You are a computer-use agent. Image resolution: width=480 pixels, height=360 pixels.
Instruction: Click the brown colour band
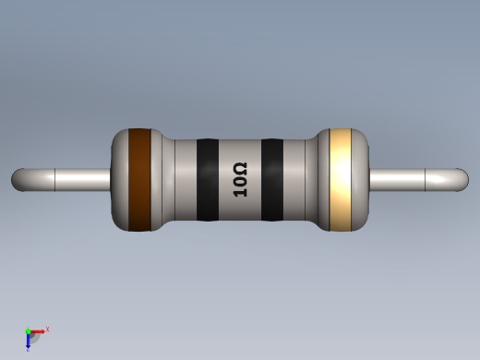(x=139, y=179)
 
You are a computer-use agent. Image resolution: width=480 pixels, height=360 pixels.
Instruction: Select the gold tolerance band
(x=342, y=179)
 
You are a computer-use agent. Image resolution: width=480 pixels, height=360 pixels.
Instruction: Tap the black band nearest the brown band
(x=208, y=180)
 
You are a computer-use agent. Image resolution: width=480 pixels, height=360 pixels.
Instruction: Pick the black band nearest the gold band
(x=272, y=180)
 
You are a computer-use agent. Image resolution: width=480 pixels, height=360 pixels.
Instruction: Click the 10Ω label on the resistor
(x=240, y=180)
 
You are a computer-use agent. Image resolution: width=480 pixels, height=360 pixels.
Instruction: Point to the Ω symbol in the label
(x=240, y=168)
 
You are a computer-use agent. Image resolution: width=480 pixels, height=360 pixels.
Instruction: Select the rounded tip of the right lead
(x=462, y=179)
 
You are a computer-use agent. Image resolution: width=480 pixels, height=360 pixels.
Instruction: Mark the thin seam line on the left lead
(x=56, y=179)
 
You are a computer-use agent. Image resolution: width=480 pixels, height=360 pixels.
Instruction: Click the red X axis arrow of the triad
(x=39, y=330)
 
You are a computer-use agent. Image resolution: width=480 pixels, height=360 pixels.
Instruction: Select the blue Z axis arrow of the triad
(x=29, y=342)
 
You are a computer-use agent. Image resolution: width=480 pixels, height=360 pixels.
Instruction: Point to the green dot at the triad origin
(x=29, y=331)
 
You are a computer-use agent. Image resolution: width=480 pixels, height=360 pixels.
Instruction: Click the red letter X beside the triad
(x=47, y=329)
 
